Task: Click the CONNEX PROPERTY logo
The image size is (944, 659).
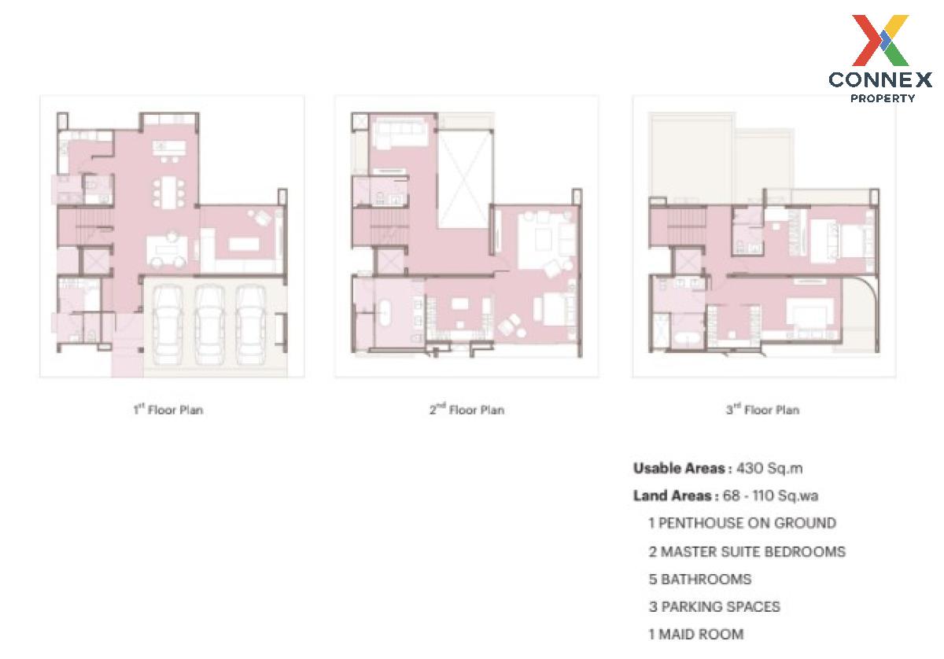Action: coord(880,58)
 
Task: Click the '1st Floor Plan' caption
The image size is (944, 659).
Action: coord(168,410)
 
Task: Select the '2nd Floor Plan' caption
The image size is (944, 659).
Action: coord(467,410)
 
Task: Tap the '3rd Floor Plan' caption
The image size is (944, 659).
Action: coord(763,410)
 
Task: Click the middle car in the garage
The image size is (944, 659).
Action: coord(209,325)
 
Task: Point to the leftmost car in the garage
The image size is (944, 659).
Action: coord(168,325)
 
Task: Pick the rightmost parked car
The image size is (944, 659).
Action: coord(251,325)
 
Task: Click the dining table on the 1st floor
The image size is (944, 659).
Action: coord(169,193)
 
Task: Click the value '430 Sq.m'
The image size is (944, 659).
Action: coord(769,469)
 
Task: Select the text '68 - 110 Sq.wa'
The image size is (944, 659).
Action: coord(770,495)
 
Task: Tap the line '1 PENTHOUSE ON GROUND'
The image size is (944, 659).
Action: coord(742,523)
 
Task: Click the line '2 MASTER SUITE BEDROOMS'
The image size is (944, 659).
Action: coord(747,551)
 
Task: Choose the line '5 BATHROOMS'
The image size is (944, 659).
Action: coord(700,579)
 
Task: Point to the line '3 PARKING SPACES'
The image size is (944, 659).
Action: coord(714,606)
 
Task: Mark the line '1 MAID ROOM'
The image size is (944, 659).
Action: coord(695,634)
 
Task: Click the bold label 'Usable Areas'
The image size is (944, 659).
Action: coord(680,469)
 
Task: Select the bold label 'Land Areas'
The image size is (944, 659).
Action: coord(673,495)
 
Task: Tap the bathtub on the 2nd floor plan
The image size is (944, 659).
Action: coord(385,312)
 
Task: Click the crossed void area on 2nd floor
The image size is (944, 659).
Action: coord(465,179)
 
